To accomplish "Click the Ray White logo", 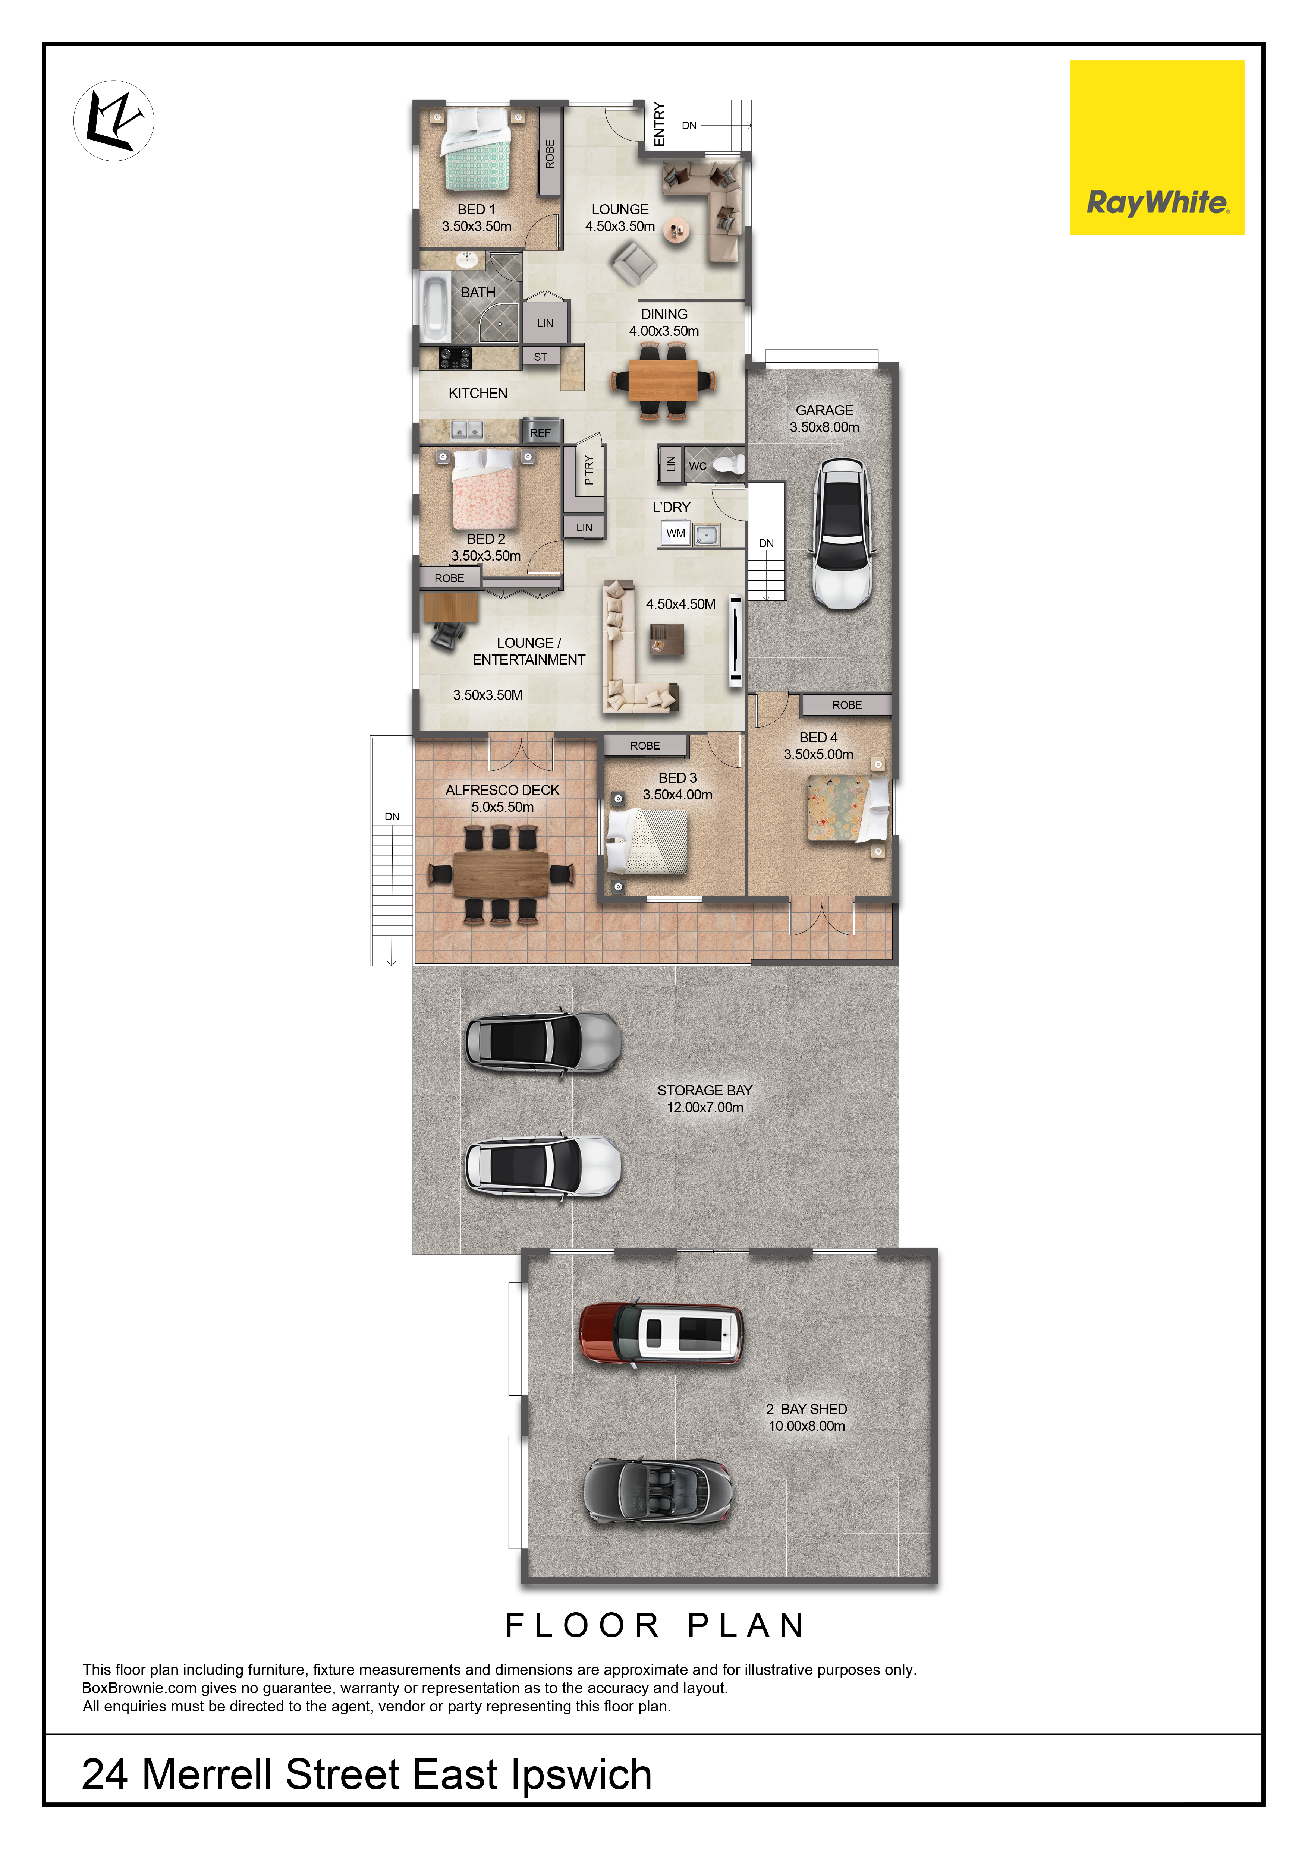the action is (x=1157, y=147).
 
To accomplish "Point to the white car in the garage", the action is (x=841, y=533).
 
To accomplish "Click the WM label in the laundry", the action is (x=676, y=533).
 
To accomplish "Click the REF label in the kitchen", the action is (x=540, y=432).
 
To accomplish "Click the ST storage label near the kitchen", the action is (x=540, y=357).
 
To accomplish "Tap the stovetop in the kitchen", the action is (x=455, y=357).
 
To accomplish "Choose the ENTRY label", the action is (x=660, y=124).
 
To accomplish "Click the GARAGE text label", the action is (x=825, y=410).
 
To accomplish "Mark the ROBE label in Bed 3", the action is (x=645, y=746).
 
